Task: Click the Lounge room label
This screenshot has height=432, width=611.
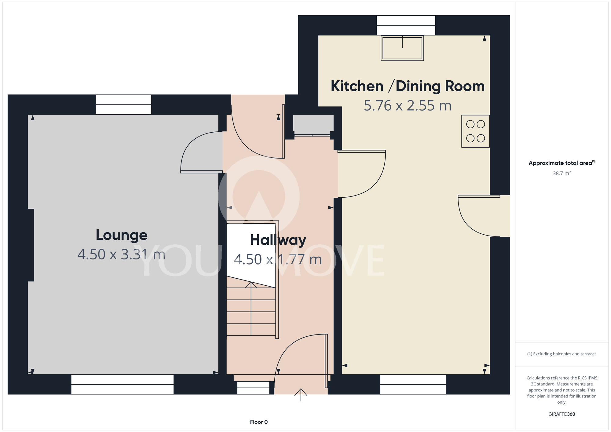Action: [x=122, y=235]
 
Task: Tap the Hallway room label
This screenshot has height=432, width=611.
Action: [x=278, y=240]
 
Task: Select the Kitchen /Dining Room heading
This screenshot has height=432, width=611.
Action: [x=408, y=86]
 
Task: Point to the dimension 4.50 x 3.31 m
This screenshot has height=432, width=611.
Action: [x=121, y=254]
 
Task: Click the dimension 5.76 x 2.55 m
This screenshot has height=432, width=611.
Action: [x=408, y=106]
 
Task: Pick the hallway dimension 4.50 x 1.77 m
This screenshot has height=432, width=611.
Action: [x=278, y=260]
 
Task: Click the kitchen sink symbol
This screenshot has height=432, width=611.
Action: [x=402, y=48]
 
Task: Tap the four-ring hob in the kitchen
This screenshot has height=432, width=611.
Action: [x=475, y=131]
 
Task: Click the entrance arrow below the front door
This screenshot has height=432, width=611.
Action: [x=301, y=394]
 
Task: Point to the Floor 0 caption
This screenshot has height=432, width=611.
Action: [x=259, y=422]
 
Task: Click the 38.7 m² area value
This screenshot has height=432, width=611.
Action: [x=562, y=173]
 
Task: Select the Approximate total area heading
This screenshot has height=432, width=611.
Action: [x=562, y=163]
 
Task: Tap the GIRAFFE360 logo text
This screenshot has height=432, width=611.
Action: [x=562, y=414]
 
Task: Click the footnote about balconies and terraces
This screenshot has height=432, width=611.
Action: [x=562, y=354]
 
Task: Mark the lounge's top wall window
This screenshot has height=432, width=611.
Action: [x=123, y=105]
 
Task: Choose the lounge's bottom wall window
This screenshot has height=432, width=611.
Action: [x=123, y=384]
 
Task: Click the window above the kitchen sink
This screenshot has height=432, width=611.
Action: [x=406, y=25]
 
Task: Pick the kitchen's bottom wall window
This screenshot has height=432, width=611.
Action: [x=413, y=384]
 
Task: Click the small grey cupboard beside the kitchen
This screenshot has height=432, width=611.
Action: [x=313, y=125]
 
